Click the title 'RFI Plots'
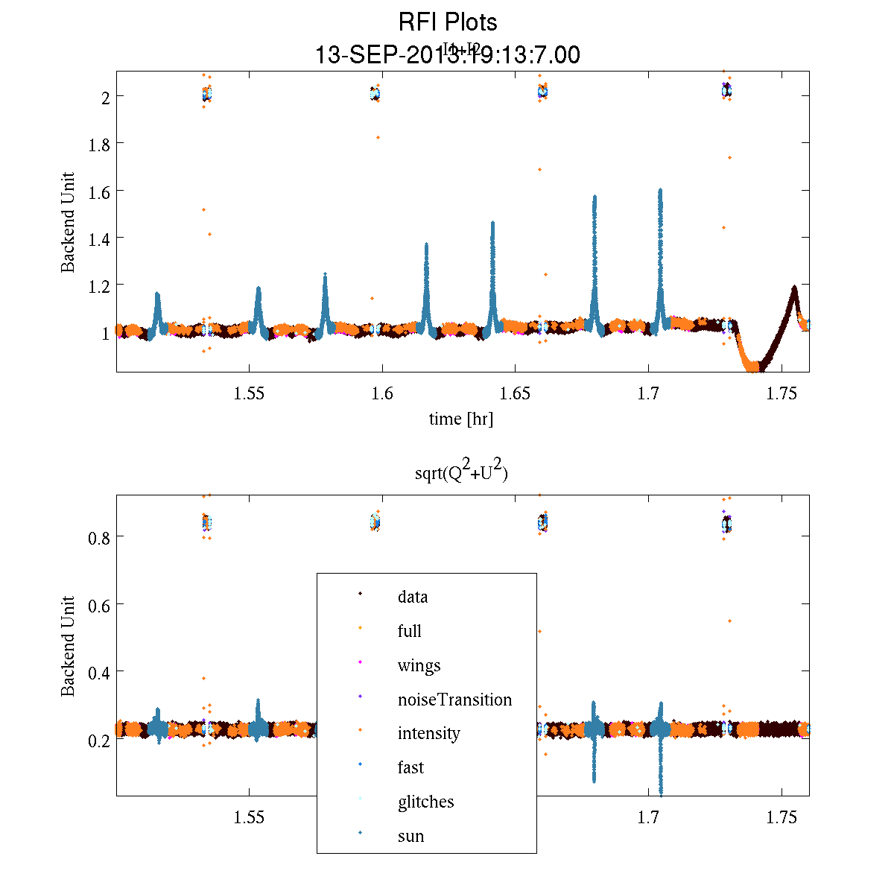click(x=447, y=22)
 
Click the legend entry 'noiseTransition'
click(x=454, y=700)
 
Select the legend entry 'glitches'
click(x=425, y=802)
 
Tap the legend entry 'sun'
click(x=410, y=836)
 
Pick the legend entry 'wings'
click(x=419, y=665)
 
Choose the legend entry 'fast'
click(x=410, y=767)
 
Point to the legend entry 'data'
click(x=413, y=597)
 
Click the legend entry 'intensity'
click(x=428, y=733)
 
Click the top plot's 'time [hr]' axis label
click(x=460, y=419)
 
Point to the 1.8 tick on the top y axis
click(x=99, y=144)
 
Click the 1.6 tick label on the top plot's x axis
click(x=382, y=395)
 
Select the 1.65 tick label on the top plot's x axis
click(x=516, y=395)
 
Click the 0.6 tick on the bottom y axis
click(x=99, y=605)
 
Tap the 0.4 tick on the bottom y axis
click(x=99, y=673)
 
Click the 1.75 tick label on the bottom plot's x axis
click(x=782, y=818)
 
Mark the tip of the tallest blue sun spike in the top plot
click(x=660, y=190)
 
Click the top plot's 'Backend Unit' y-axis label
click(x=68, y=222)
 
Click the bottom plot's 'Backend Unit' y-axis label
click(x=68, y=645)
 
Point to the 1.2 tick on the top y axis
click(x=99, y=285)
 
